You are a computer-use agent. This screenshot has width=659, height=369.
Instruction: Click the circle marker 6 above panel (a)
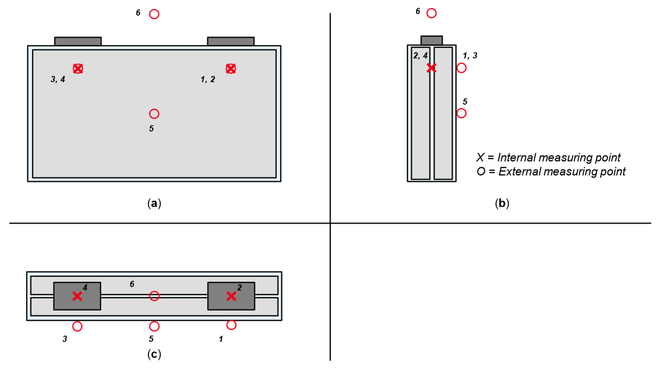coord(154,14)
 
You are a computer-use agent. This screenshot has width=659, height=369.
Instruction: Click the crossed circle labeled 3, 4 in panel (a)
coord(78,69)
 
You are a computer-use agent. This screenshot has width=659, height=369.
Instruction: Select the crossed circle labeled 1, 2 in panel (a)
coord(231,69)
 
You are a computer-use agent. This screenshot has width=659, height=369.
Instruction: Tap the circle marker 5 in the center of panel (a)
coord(154,114)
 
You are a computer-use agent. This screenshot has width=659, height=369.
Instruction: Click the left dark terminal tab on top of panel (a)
coord(78,41)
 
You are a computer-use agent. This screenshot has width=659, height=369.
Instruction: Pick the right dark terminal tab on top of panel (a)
coord(231,41)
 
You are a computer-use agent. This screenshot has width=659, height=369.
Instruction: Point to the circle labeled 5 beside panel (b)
coord(462,113)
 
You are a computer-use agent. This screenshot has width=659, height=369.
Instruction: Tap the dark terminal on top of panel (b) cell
coord(432,40)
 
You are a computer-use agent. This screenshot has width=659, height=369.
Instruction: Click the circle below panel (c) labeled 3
coord(77,326)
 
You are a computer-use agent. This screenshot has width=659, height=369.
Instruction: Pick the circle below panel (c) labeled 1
coord(231,325)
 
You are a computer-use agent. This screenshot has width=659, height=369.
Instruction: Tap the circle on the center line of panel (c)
coord(154,296)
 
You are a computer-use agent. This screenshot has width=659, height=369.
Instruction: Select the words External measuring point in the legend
coord(562,172)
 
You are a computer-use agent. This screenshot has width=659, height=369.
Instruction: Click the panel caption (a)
coord(154,203)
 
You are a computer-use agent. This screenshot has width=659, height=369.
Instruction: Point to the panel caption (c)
coord(154,354)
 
